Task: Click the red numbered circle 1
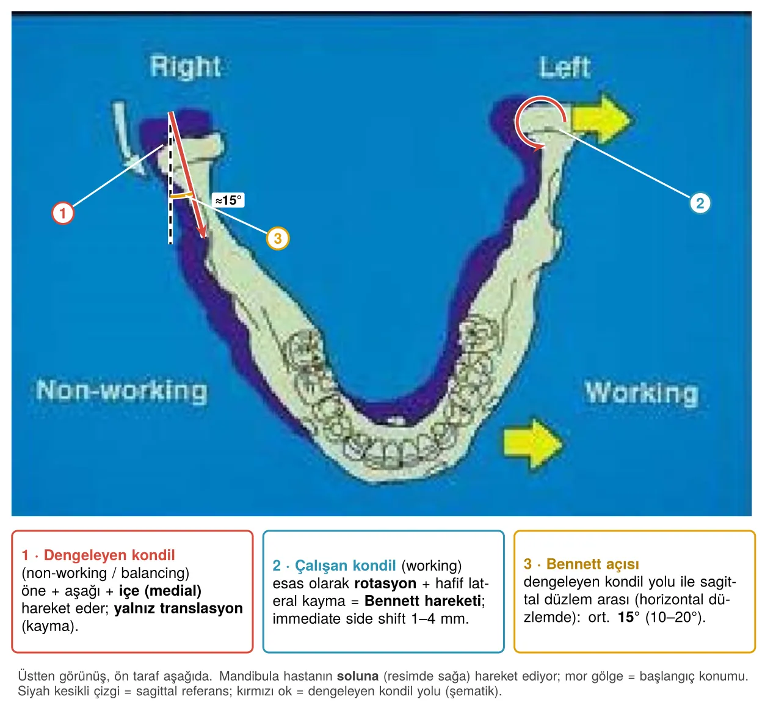[63, 213]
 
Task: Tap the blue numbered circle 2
[700, 203]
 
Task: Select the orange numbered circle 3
[278, 238]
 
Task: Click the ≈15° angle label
[228, 200]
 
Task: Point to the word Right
[186, 67]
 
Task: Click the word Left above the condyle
[564, 67]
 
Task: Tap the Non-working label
[121, 390]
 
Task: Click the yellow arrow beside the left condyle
[601, 119]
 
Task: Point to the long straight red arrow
[187, 175]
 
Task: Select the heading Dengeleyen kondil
[109, 555]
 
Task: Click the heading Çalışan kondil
[346, 566]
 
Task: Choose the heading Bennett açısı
[592, 564]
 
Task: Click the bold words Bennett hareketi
[422, 601]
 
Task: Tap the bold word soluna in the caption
[358, 676]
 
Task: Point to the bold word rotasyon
[385, 583]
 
